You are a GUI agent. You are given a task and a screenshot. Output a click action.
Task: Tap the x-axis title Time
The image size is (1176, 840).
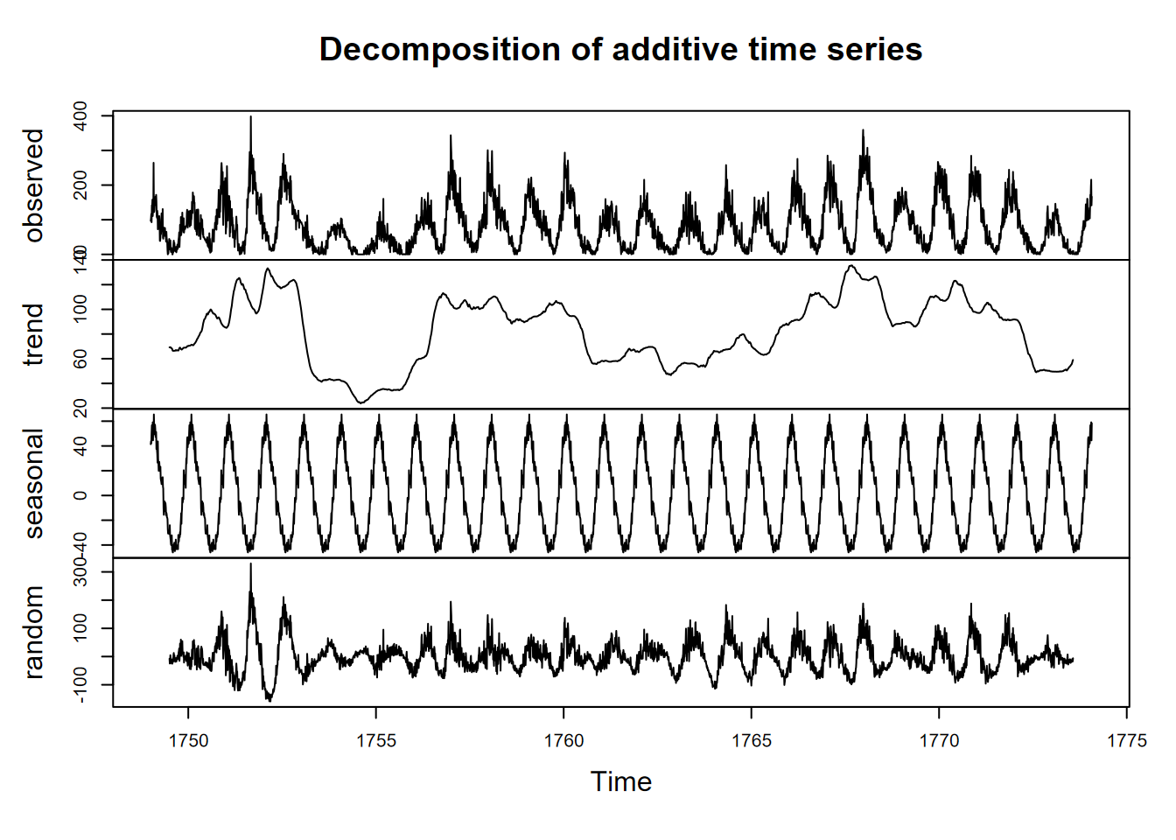[x=621, y=781]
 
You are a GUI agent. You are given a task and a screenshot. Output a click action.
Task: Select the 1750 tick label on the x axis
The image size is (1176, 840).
[x=188, y=741]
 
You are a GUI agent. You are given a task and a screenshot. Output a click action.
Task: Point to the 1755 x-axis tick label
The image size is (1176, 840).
[x=376, y=741]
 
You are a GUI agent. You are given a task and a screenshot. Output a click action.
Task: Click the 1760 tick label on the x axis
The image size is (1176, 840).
[x=563, y=741]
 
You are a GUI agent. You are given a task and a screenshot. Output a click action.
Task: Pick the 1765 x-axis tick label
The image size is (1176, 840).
[x=752, y=741]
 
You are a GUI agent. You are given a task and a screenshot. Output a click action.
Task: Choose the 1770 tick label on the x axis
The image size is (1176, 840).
[x=939, y=741]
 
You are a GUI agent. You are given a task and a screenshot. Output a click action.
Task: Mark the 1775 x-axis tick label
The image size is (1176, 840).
[x=1127, y=741]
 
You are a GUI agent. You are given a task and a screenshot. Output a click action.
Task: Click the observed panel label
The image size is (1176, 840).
[x=34, y=185]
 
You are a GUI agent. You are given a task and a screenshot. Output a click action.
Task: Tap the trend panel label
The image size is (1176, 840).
[x=34, y=334]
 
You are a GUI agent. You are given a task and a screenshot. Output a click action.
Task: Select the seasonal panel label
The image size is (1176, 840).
[x=34, y=483]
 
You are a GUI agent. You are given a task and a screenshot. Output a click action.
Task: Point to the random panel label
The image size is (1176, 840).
[x=34, y=632]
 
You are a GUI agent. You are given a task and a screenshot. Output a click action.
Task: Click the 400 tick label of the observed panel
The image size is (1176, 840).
[x=80, y=115]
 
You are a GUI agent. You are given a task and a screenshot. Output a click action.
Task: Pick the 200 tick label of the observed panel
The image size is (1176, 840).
[x=80, y=185]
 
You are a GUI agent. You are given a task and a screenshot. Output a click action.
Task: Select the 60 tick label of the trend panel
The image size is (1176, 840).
[x=80, y=359]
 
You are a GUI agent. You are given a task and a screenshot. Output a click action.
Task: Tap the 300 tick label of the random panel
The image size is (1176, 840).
[x=80, y=573]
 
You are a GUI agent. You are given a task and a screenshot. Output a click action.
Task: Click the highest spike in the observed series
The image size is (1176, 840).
[x=250, y=117]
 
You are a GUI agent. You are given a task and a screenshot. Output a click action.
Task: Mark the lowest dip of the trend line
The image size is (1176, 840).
[x=360, y=402]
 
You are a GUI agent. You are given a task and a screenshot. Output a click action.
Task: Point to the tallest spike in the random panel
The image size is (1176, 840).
[x=250, y=564]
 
